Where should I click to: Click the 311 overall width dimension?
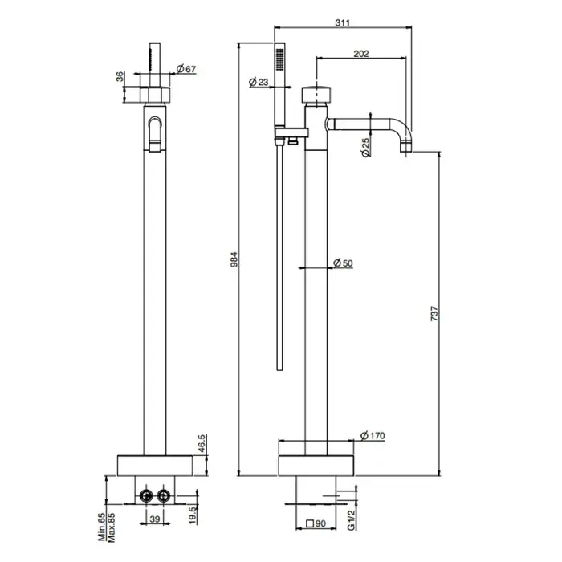[x=342, y=22]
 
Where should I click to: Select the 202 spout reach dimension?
[x=361, y=54]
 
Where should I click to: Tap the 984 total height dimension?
[x=234, y=259]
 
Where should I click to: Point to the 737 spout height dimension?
[x=434, y=313]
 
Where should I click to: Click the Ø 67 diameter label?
[x=186, y=68]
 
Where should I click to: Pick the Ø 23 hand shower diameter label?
[x=259, y=82]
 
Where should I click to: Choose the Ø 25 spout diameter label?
[x=365, y=147]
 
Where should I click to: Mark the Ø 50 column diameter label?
[x=343, y=263]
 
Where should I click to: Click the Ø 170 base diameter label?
[x=373, y=435]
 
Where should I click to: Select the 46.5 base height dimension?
[x=202, y=443]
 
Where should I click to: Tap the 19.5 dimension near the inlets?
[x=193, y=515]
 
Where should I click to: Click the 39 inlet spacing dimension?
[x=154, y=519]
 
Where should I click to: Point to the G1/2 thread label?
[x=352, y=520]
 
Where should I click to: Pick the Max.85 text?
[x=111, y=527]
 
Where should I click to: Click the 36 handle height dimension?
[x=120, y=76]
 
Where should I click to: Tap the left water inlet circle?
[x=146, y=496]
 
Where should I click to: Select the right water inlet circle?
[x=164, y=496]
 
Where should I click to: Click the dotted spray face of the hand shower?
[x=279, y=59]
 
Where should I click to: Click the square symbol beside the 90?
[x=310, y=523]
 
